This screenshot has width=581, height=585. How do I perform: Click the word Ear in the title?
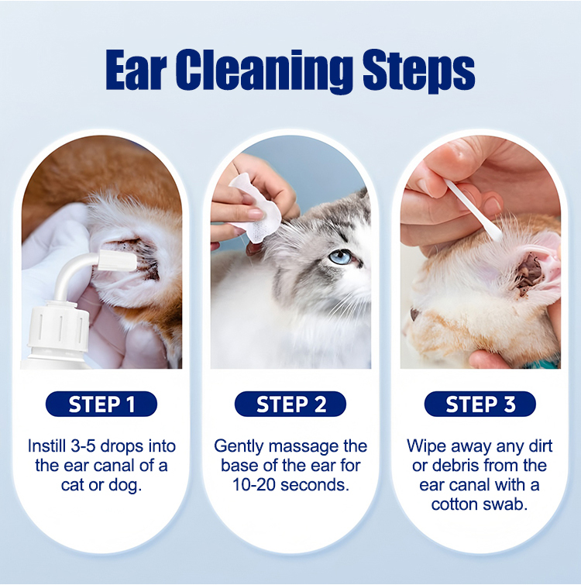pyautogui.click(x=136, y=71)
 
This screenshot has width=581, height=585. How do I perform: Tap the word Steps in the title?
pyautogui.click(x=419, y=73)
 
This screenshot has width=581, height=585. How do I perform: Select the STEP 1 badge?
pyautogui.click(x=101, y=404)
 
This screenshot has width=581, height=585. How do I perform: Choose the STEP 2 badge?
pyautogui.click(x=290, y=404)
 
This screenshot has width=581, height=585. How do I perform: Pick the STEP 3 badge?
pyautogui.click(x=480, y=404)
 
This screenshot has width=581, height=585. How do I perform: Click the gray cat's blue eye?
pyautogui.click(x=340, y=257)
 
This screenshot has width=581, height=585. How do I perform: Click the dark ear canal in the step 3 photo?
pyautogui.click(x=528, y=274)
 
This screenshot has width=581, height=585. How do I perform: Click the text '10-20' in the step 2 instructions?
pyautogui.click(x=254, y=485)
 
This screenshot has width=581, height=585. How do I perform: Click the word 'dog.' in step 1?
pyautogui.click(x=125, y=485)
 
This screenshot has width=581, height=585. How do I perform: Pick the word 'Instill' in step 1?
pyautogui.click(x=46, y=446)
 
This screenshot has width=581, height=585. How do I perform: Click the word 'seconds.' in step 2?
pyautogui.click(x=315, y=485)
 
